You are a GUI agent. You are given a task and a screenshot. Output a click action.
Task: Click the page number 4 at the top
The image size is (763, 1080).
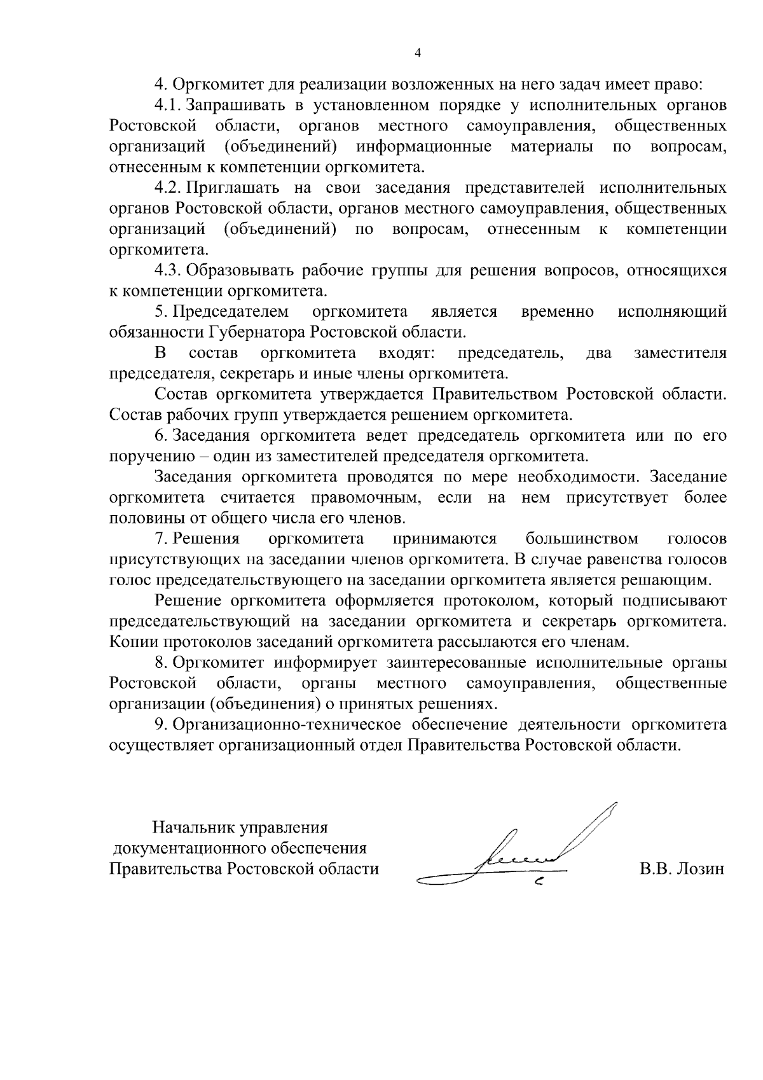coord(417,54)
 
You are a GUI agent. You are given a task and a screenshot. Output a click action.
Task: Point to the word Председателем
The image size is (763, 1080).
coord(231,312)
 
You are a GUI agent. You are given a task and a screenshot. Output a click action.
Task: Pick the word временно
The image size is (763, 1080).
coord(557,312)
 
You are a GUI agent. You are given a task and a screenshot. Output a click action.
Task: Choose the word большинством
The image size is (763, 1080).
coord(582,539)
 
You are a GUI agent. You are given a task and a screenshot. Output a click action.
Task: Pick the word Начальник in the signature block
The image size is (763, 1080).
coord(195,827)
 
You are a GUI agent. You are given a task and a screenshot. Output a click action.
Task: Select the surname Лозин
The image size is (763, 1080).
coord(700,869)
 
